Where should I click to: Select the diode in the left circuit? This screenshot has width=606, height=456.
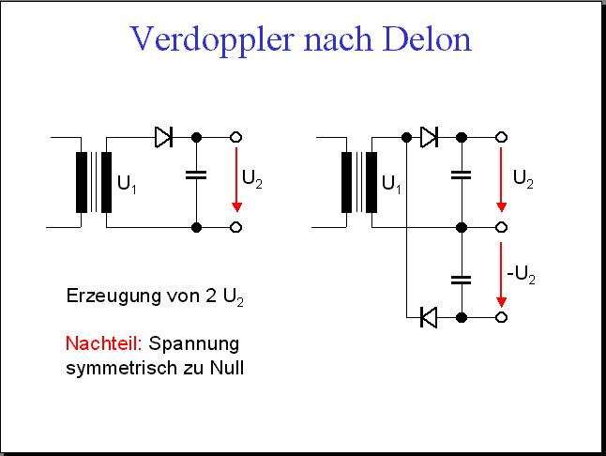(163, 137)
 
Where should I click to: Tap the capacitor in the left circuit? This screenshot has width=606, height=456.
(196, 175)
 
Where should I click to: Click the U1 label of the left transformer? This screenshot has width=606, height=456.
(127, 184)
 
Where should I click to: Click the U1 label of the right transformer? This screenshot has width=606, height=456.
(391, 184)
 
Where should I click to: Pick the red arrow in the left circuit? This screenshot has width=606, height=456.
(236, 179)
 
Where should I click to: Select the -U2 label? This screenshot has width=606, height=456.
(521, 275)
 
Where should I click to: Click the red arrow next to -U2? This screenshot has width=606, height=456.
(501, 275)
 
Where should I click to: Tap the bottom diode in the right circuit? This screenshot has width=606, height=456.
(428, 317)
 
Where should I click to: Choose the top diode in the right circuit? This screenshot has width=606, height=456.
(429, 137)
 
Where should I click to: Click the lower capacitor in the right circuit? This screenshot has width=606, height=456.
(462, 280)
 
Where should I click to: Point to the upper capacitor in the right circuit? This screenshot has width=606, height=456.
(462, 175)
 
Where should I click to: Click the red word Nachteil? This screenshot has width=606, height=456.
(104, 343)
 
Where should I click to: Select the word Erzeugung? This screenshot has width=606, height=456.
(114, 296)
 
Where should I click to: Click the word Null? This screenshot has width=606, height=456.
(227, 367)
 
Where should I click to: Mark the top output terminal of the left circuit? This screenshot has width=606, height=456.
(235, 137)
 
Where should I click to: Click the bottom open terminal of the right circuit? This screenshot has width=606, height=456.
(501, 317)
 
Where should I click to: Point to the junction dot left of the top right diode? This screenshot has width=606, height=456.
(406, 137)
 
